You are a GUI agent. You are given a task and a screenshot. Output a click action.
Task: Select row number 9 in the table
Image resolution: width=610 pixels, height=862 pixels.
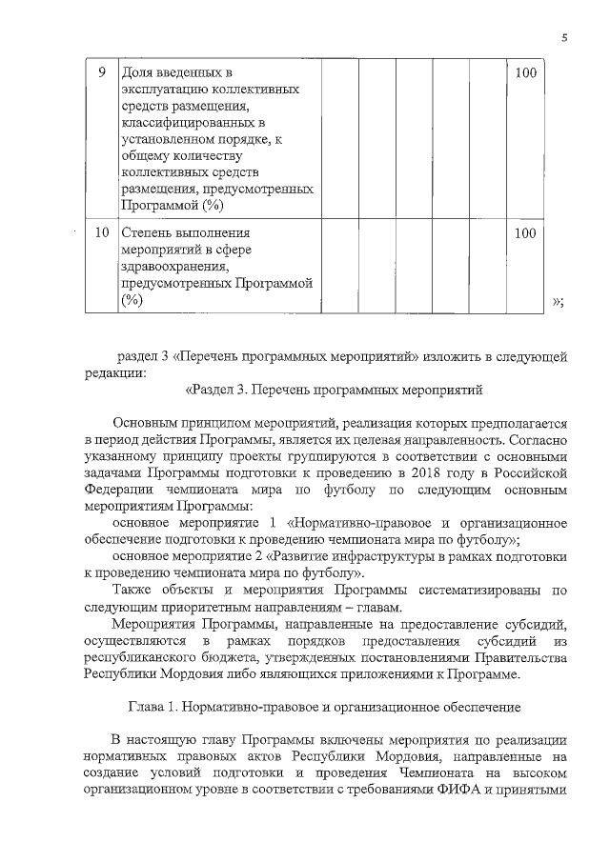point(102,73)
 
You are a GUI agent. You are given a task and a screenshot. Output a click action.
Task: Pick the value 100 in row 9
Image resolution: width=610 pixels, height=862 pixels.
point(524,73)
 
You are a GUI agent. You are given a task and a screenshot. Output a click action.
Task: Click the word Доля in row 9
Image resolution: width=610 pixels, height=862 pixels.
point(137,73)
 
